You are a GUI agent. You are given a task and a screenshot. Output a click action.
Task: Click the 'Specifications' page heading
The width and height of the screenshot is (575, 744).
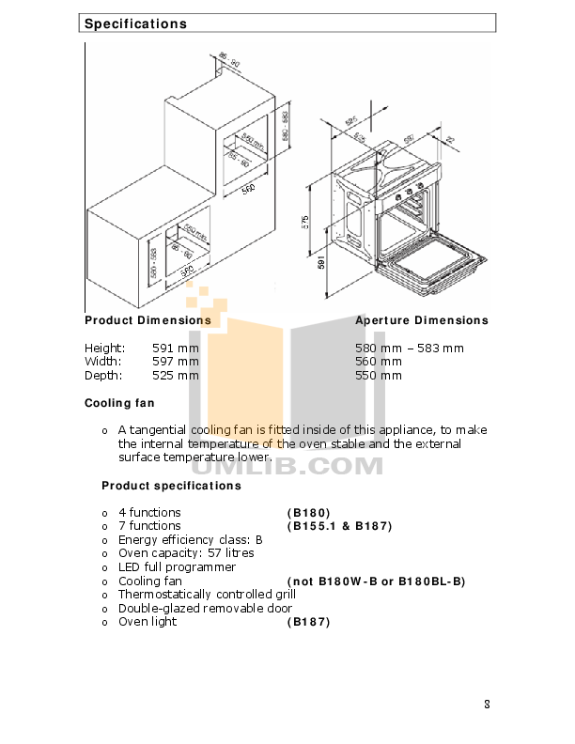tap(135, 23)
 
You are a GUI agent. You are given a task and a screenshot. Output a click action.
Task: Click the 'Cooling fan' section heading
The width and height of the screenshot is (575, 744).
tap(119, 403)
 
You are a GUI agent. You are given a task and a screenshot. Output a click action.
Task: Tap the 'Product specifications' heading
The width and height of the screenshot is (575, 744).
tap(171, 486)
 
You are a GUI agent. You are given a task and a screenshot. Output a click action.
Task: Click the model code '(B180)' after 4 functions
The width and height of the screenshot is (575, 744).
tap(308, 513)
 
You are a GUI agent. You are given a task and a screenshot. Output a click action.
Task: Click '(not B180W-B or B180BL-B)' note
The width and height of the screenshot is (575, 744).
tap(376, 581)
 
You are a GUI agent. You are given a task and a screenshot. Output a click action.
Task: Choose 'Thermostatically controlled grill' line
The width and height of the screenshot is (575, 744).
tap(207, 595)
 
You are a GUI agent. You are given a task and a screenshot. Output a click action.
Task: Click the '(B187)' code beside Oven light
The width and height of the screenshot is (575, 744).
tap(308, 622)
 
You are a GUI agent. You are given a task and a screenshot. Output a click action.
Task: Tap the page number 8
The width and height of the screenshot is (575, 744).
tap(487, 705)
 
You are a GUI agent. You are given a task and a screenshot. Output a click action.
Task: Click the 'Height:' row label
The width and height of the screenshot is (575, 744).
tap(104, 349)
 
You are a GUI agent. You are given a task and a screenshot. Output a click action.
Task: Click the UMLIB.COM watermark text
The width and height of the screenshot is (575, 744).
tap(282, 465)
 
